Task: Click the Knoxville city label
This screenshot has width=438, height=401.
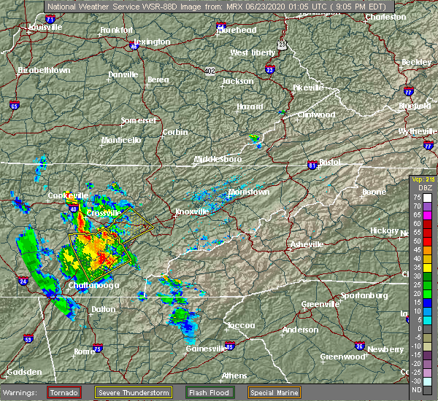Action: pyautogui.click(x=191, y=212)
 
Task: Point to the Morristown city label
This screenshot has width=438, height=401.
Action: pyautogui.click(x=248, y=192)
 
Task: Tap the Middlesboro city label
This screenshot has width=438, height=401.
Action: pyautogui.click(x=218, y=158)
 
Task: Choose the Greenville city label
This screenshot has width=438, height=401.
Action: pyautogui.click(x=321, y=303)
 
